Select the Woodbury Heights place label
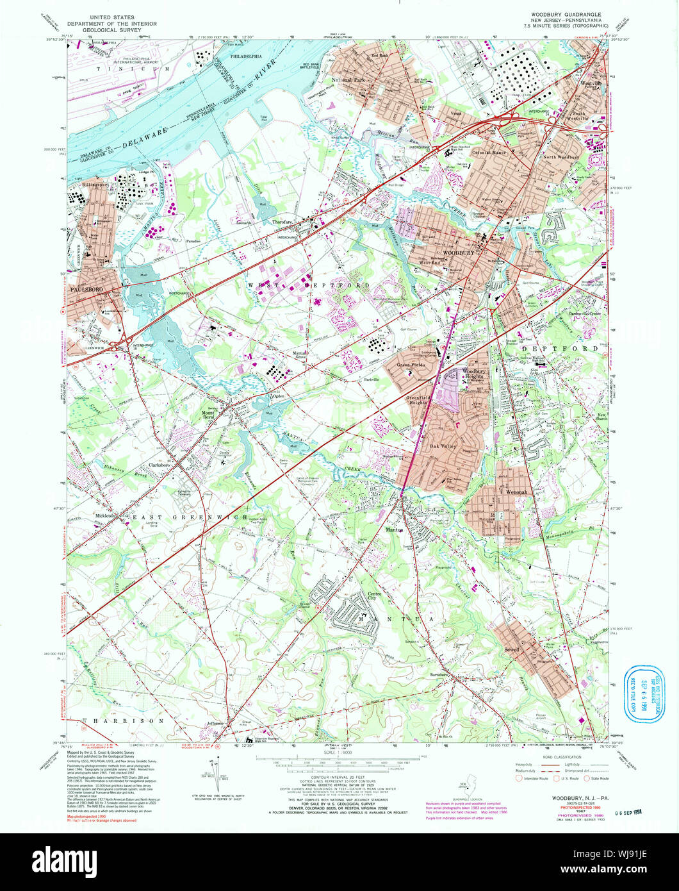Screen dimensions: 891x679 474,374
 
